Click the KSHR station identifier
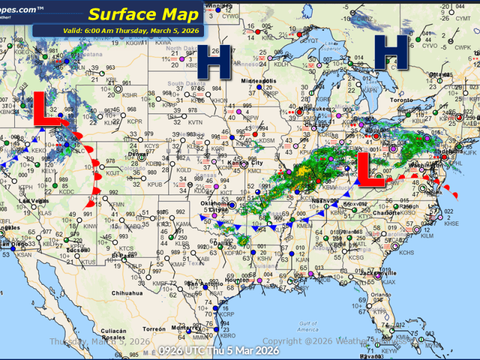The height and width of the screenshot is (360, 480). click(x=130, y=95)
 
